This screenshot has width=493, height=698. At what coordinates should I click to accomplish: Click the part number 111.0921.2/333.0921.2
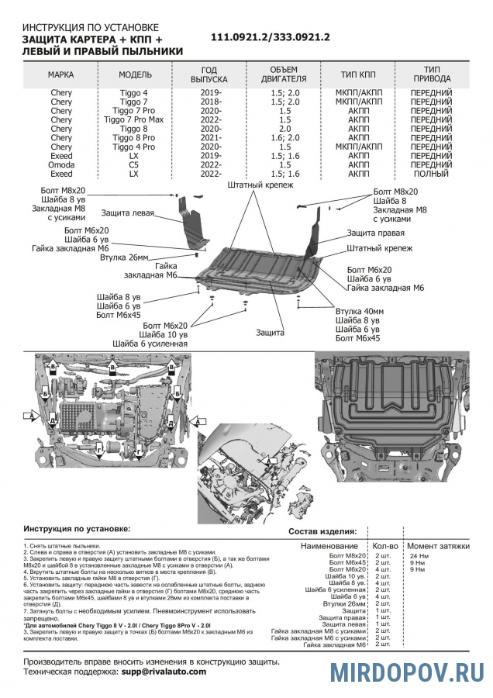(x=271, y=37)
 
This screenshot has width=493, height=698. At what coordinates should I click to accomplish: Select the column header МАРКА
(x=61, y=74)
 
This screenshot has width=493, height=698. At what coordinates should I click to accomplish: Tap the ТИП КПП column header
(x=358, y=74)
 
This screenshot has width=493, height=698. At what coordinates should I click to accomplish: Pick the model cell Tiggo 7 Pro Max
(x=134, y=120)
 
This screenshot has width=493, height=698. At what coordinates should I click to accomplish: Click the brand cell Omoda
(x=61, y=164)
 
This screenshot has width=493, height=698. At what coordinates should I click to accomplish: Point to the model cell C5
(x=134, y=164)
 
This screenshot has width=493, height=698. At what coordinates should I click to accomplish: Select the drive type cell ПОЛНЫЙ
(x=430, y=174)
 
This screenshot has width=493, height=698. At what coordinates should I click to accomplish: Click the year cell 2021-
(x=209, y=138)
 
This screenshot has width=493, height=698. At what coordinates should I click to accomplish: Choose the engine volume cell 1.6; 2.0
(x=284, y=138)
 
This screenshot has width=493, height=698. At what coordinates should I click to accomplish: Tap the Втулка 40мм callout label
(x=355, y=311)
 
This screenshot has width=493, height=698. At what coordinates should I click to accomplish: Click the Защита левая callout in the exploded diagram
(x=127, y=213)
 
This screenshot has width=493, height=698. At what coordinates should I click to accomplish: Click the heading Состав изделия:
(x=322, y=531)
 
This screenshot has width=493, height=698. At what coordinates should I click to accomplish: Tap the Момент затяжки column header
(x=438, y=546)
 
